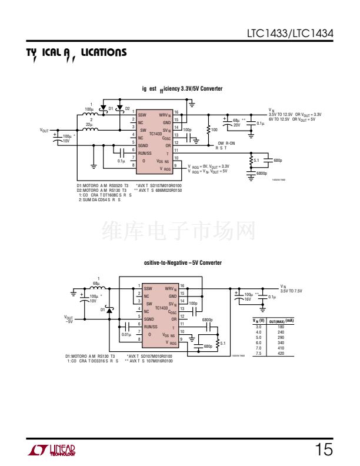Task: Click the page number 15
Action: pyautogui.click(x=324, y=450)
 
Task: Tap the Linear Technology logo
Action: pyautogui.click(x=51, y=451)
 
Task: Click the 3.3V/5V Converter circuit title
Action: pyautogui.click(x=182, y=89)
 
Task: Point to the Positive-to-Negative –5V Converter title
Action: pyautogui.click(x=183, y=262)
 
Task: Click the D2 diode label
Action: pyautogui.click(x=127, y=108)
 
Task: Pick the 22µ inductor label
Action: pyautogui.click(x=89, y=125)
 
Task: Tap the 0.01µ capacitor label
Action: pyautogui.click(x=126, y=334)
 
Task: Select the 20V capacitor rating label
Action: pyautogui.click(x=236, y=125)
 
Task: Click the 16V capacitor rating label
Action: pyautogui.click(x=248, y=299)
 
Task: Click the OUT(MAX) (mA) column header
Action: pyautogui.click(x=281, y=321)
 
